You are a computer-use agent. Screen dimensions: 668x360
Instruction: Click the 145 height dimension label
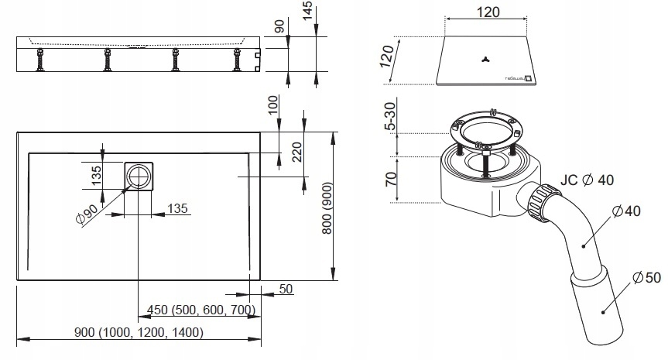click(307, 11)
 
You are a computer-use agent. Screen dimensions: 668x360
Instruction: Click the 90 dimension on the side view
click(279, 26)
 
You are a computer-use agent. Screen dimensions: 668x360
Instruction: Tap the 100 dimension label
click(272, 105)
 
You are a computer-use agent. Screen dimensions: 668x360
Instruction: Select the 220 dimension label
click(297, 152)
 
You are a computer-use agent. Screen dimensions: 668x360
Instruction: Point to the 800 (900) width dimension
click(327, 208)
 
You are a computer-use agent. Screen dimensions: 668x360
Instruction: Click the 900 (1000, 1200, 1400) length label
click(139, 332)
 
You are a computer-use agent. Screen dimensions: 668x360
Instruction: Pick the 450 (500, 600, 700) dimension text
click(201, 310)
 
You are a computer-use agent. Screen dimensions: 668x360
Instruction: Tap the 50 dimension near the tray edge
click(286, 289)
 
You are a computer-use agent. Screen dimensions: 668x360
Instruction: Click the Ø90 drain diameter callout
click(87, 214)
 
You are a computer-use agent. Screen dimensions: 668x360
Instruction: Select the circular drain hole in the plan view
click(139, 176)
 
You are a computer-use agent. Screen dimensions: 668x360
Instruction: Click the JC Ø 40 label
click(587, 180)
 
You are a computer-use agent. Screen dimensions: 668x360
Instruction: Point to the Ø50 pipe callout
click(646, 278)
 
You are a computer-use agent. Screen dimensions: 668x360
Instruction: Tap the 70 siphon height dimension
click(391, 179)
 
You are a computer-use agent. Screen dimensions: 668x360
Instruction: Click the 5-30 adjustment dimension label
click(389, 116)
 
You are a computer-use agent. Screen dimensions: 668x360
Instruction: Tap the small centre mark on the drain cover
click(485, 59)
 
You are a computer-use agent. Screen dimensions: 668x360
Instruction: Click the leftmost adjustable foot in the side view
click(40, 60)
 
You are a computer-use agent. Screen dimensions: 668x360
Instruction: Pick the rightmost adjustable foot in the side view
click(237, 60)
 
